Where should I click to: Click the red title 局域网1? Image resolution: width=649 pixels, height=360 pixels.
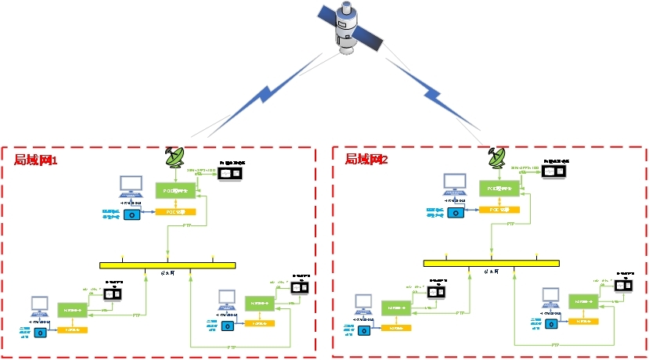tap(37, 160)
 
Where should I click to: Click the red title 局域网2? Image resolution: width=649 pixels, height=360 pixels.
tap(367, 159)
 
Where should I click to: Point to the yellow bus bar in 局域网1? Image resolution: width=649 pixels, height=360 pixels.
tap(168, 265)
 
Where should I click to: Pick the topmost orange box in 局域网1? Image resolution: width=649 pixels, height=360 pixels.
tap(175, 211)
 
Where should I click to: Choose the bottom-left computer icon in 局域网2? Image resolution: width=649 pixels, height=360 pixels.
tap(362, 303)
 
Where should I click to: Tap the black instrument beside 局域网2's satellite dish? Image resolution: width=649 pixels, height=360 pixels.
tap(554, 171)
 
